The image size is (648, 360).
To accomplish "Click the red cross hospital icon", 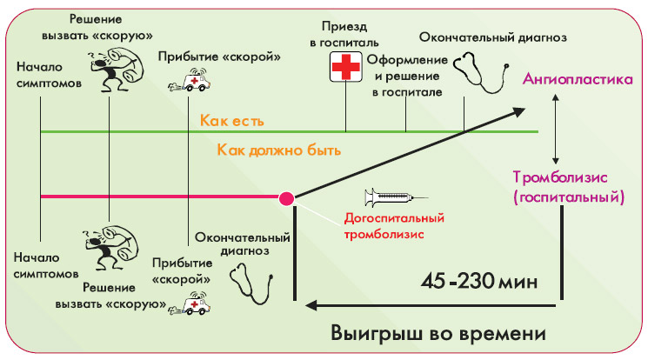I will [x=346, y=68].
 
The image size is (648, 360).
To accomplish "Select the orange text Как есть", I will [x=231, y=120].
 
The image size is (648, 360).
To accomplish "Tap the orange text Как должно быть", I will [x=277, y=150].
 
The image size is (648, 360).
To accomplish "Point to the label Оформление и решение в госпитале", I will [x=405, y=75].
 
